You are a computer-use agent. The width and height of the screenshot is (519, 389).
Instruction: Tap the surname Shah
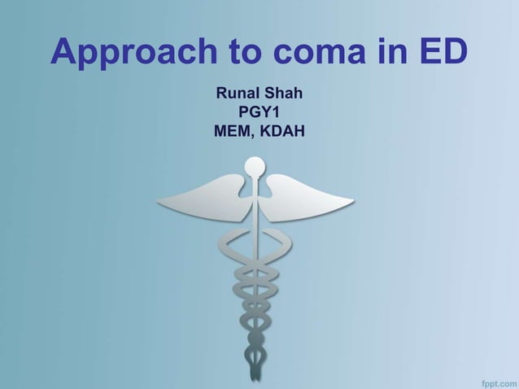(283, 94)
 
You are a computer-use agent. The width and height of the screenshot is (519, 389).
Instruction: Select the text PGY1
(259, 112)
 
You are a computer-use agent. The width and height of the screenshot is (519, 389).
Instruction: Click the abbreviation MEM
(232, 130)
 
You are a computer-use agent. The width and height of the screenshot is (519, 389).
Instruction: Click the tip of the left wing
(159, 200)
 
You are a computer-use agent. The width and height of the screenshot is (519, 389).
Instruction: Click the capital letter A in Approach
(65, 53)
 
